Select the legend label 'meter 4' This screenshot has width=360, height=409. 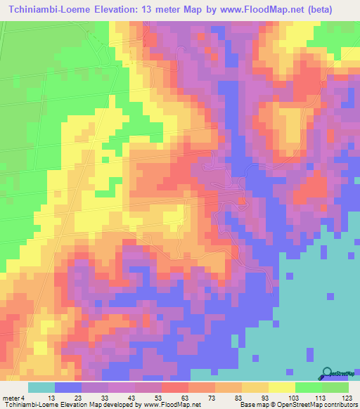tap(13, 398)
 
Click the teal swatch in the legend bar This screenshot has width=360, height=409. tap(41, 387)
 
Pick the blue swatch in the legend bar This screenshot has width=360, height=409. tap(68, 387)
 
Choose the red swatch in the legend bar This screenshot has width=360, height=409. tap(175, 387)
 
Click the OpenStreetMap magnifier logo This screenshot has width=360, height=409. tap(328, 373)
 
